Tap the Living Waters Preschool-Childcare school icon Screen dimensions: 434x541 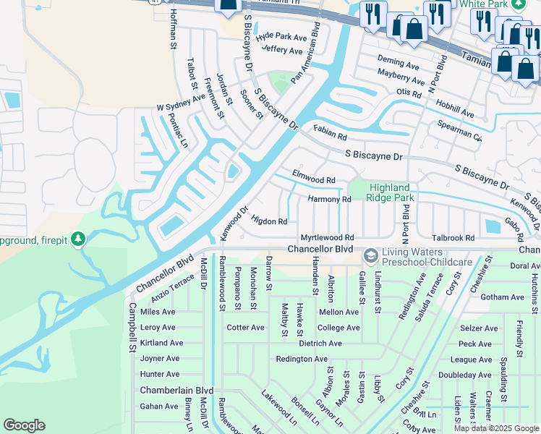pyautogui.click(x=370, y=256)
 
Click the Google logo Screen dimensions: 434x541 pyautogui.click(x=24, y=425)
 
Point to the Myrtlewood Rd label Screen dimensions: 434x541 pyautogui.click(x=327, y=237)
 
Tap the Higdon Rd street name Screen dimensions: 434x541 pyautogui.click(x=269, y=221)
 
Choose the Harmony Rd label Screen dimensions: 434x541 pyautogui.click(x=329, y=199)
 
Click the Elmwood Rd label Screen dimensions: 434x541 pyautogui.click(x=313, y=176)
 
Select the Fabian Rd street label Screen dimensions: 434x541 pyautogui.click(x=330, y=132)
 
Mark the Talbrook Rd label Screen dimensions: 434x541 pyautogui.click(x=452, y=237)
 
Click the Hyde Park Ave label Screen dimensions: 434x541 pyautogui.click(x=281, y=37)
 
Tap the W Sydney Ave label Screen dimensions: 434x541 pyautogui.click(x=181, y=102)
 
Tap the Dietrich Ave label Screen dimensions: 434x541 pyautogui.click(x=320, y=343)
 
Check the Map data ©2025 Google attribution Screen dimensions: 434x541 pyautogui.click(x=495, y=428)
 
